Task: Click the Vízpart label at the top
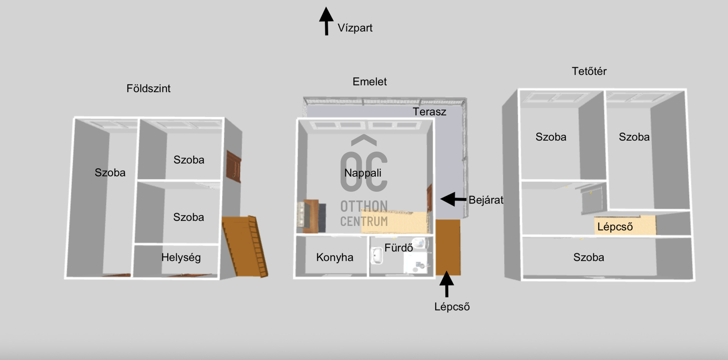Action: [x=355, y=28]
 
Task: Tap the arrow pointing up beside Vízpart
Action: [x=326, y=21]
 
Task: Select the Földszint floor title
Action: [x=148, y=89]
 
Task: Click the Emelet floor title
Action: [x=369, y=82]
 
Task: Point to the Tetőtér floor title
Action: [x=589, y=71]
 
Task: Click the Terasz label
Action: [x=429, y=112]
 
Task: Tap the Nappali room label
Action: [x=362, y=173]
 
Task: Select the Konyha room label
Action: [x=334, y=257]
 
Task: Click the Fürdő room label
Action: [x=398, y=248]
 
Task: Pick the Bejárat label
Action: [x=486, y=200]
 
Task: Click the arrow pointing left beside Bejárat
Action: [x=453, y=199]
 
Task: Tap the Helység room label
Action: [x=181, y=257]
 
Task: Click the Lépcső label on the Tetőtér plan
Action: [x=615, y=227]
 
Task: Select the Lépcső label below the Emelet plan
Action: [x=452, y=307]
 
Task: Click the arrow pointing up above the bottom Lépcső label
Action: [x=447, y=283]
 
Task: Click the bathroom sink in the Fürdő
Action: [x=377, y=256]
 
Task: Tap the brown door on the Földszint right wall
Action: [x=234, y=166]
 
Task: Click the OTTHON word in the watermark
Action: [x=364, y=207]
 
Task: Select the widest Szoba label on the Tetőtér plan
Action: [x=588, y=257]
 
